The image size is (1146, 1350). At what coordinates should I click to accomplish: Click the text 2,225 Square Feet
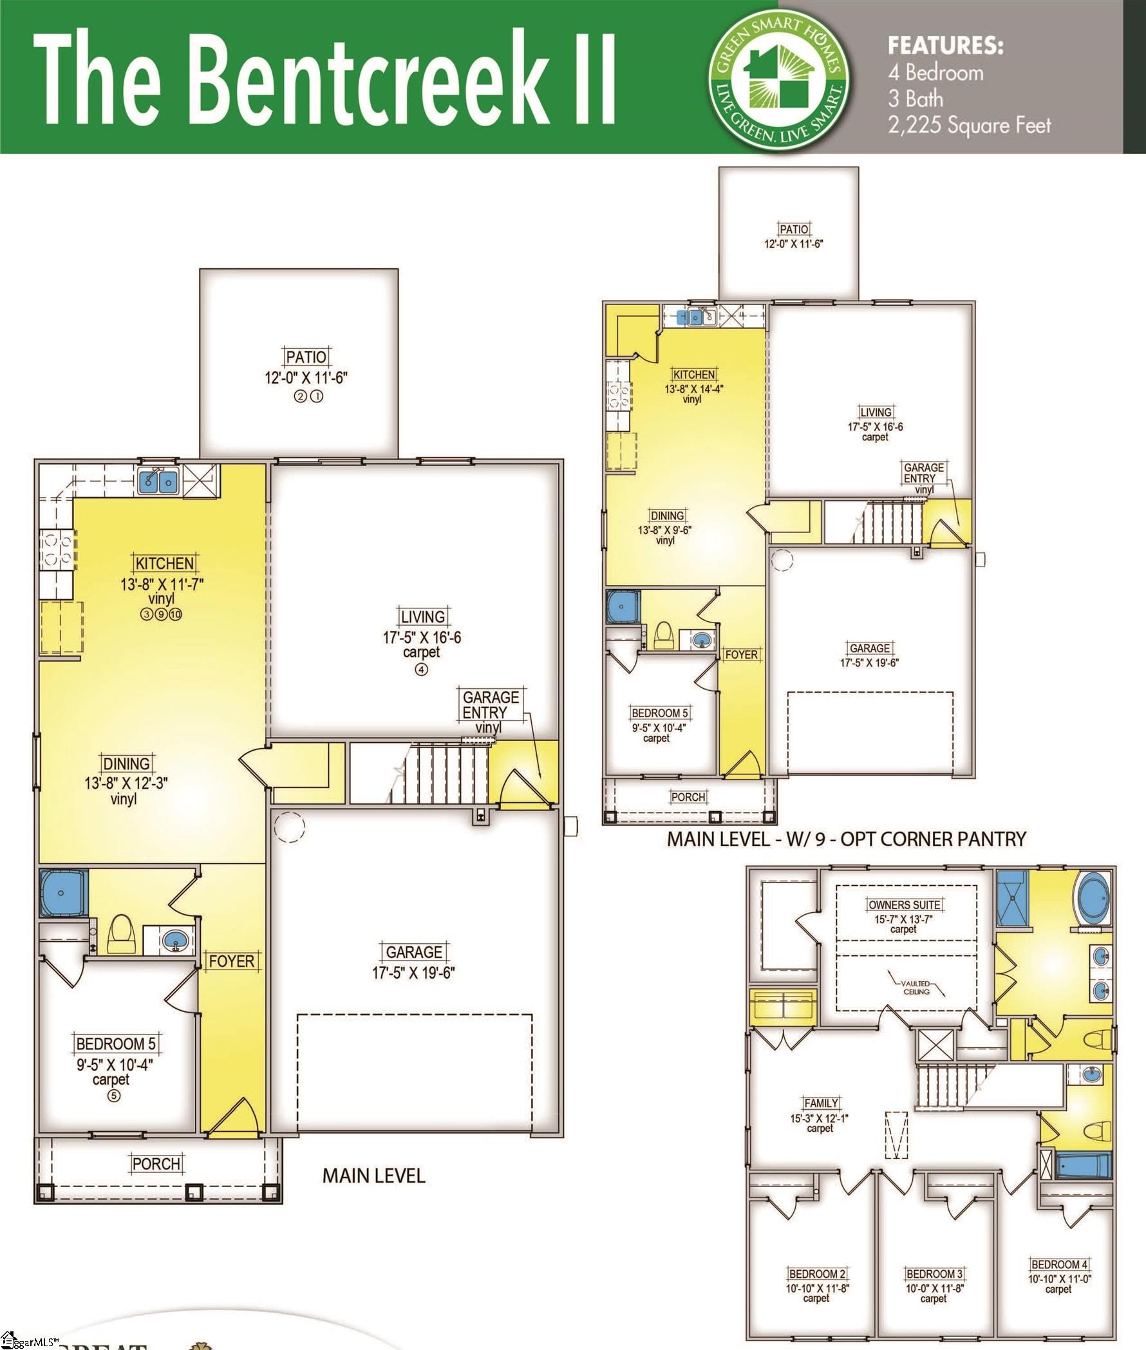pos(969,125)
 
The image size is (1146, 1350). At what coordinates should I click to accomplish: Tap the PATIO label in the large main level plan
pos(306,357)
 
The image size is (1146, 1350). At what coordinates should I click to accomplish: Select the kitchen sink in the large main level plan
pos(158,481)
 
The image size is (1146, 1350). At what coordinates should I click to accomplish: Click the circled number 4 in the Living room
pos(421,670)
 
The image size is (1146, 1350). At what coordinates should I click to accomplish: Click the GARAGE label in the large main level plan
pos(414,952)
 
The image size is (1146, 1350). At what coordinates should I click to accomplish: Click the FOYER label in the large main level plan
pos(231,961)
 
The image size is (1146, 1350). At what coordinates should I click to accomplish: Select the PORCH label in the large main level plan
pos(156,1163)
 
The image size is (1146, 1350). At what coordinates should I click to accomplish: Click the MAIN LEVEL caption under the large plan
pos(373,1176)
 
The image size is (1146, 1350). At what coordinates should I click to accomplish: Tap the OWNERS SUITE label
pos(904,905)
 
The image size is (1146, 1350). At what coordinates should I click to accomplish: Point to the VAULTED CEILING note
pos(916,988)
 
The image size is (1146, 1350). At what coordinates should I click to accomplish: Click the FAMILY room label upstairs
pos(820,1103)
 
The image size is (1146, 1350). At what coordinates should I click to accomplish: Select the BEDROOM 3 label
pos(934,1274)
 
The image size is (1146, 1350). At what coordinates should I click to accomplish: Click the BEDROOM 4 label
pos(1059,1264)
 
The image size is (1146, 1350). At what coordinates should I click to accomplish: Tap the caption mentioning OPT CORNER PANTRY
pos(846,839)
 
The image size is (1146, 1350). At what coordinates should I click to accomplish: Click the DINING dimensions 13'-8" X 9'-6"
pos(664,529)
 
